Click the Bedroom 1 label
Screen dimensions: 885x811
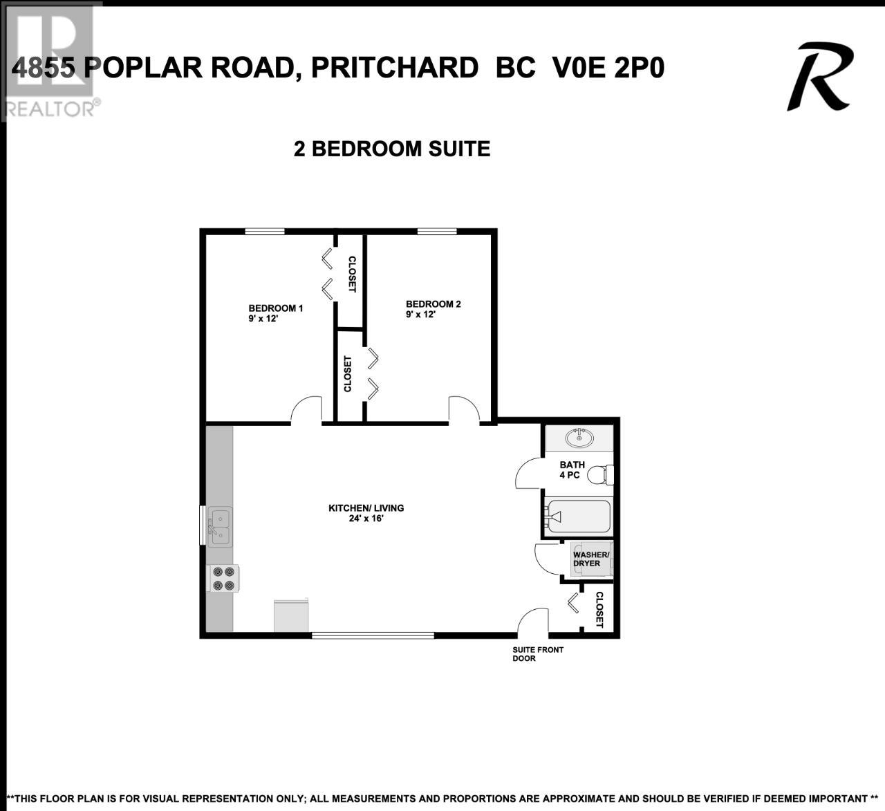(275, 308)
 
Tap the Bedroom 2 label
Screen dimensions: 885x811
(434, 304)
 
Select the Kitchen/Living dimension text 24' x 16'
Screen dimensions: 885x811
(366, 518)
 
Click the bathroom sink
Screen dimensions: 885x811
(579, 438)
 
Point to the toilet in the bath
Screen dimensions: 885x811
(602, 474)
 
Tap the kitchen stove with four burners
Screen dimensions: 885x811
(223, 579)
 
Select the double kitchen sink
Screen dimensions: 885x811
(220, 526)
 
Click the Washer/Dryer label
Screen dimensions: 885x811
(590, 559)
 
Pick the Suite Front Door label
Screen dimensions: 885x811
(538, 654)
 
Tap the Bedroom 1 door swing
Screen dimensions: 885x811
(300, 402)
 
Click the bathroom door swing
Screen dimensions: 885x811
(522, 466)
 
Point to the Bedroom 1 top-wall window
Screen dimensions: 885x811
(265, 231)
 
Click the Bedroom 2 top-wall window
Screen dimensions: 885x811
(437, 231)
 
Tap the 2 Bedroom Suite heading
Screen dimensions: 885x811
(392, 149)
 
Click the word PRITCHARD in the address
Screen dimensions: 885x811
(395, 68)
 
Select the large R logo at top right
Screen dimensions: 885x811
(820, 76)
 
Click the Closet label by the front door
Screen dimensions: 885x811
(599, 610)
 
